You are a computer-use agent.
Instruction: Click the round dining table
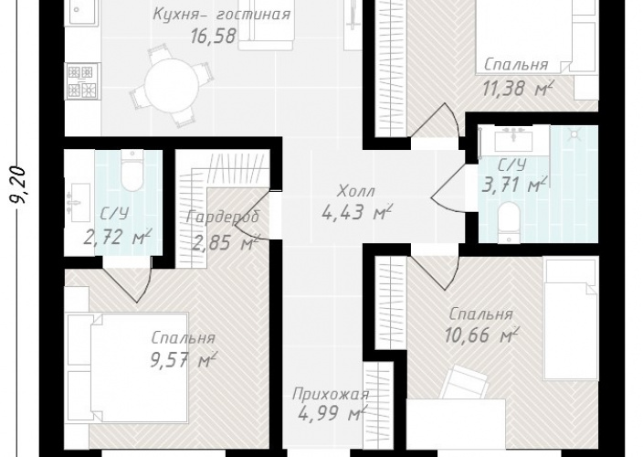click(x=172, y=86)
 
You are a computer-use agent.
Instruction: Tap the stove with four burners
click(x=82, y=80)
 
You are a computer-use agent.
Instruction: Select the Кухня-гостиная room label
click(x=221, y=14)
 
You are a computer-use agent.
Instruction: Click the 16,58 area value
click(x=213, y=36)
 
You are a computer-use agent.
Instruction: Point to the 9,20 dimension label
click(x=18, y=185)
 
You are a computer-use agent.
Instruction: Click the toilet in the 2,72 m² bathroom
click(x=132, y=171)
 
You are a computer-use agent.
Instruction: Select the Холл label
click(x=356, y=191)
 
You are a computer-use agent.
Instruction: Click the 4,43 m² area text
click(x=357, y=212)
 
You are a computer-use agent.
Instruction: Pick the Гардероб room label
click(x=223, y=217)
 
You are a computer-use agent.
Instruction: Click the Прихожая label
click(x=331, y=395)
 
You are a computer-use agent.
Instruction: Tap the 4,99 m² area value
click(x=332, y=413)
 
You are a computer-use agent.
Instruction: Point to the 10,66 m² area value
click(x=481, y=335)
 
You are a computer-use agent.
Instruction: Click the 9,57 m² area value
click(x=184, y=360)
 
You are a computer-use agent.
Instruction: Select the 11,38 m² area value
click(x=518, y=88)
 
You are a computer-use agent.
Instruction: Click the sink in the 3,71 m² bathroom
click(x=513, y=140)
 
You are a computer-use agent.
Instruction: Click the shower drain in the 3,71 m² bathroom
click(x=574, y=133)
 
